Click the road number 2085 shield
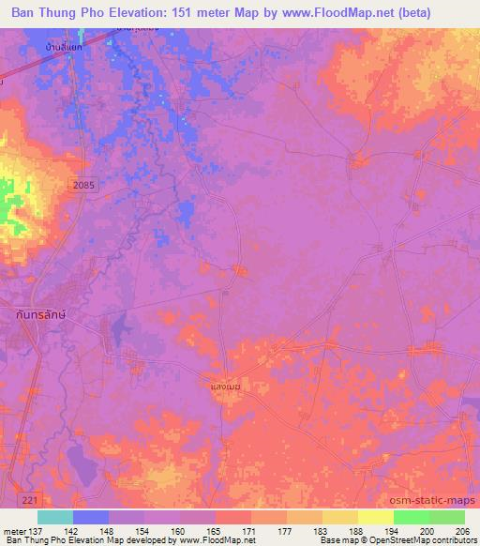click(x=82, y=188)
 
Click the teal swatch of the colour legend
click(x=55, y=517)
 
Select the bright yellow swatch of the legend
click(x=375, y=517)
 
